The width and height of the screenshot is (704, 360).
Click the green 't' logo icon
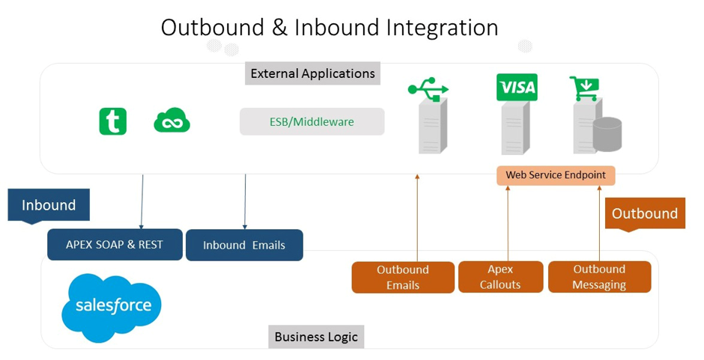pyautogui.click(x=112, y=121)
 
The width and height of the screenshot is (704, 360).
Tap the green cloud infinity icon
pyautogui.click(x=172, y=120)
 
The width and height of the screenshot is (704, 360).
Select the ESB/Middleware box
pyautogui.click(x=312, y=122)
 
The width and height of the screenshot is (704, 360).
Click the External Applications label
pyautogui.click(x=312, y=73)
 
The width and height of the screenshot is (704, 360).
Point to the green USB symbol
pyautogui.click(x=428, y=89)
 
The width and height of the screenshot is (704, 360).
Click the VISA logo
pyautogui.click(x=517, y=87)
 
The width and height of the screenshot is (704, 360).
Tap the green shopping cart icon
pyautogui.click(x=584, y=88)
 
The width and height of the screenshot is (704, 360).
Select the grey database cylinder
pyautogui.click(x=607, y=134)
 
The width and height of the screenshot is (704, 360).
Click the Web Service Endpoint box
pyautogui.click(x=556, y=176)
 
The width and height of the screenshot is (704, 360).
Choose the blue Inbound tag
pyautogui.click(x=49, y=205)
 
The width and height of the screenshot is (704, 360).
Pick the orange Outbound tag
pyautogui.click(x=645, y=213)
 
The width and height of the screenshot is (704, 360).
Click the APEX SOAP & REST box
pyautogui.click(x=115, y=245)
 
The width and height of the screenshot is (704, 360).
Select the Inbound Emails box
pyautogui.click(x=244, y=245)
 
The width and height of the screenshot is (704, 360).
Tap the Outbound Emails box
pyautogui.click(x=403, y=278)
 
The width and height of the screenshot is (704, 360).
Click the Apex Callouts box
pyautogui.click(x=500, y=277)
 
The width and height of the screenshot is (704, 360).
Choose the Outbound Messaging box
pyautogui.click(x=599, y=277)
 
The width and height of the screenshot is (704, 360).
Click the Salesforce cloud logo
pyautogui.click(x=112, y=308)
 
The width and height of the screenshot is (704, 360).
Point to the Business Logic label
pyautogui.click(x=316, y=337)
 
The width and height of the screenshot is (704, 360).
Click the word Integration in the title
pyautogui.click(x=442, y=28)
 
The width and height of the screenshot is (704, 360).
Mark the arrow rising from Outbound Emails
pyautogui.click(x=417, y=218)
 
